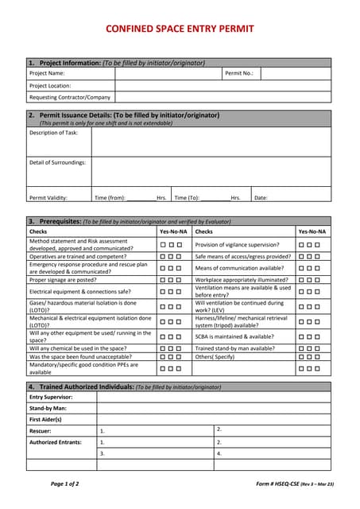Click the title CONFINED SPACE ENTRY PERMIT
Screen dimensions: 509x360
click(x=180, y=29)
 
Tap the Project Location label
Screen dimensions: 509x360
click(x=50, y=85)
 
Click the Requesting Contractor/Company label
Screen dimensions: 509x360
click(x=70, y=97)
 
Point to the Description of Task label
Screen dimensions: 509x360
click(x=53, y=133)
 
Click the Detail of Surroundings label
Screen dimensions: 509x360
click(x=57, y=162)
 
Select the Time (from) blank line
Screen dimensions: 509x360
click(x=141, y=198)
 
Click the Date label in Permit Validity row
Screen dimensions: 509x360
click(x=261, y=198)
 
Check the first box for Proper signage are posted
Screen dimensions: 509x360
click(x=162, y=280)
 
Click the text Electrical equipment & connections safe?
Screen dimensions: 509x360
click(x=80, y=291)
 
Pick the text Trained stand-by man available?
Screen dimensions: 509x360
click(x=234, y=348)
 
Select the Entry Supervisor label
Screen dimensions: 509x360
click(x=51, y=397)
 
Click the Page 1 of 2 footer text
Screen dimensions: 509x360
click(x=64, y=484)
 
